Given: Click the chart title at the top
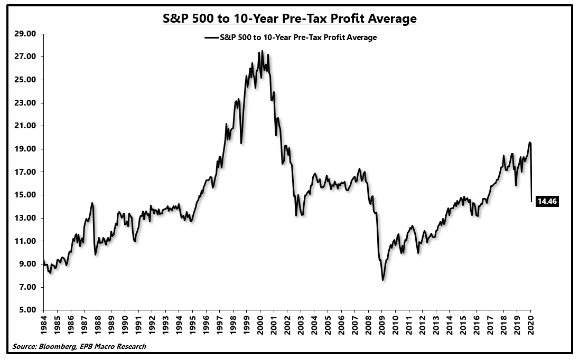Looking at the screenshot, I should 289,19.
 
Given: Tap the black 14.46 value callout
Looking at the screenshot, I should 547,201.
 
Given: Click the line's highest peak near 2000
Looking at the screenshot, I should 259,51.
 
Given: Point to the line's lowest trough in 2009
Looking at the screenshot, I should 382,280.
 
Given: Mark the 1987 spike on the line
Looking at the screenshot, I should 92,203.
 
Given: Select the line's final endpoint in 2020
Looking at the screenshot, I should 531,201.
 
